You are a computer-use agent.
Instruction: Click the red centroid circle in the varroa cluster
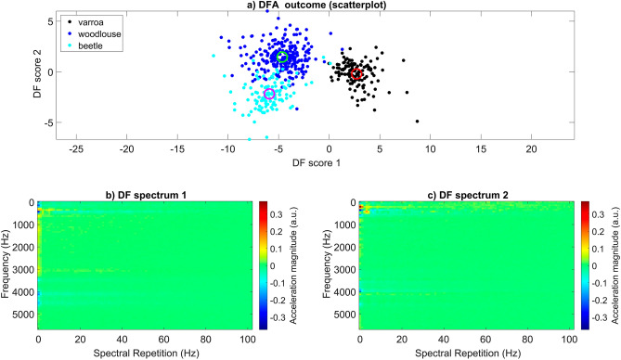pyautogui.click(x=356, y=73)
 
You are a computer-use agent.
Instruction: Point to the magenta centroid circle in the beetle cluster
pyautogui.click(x=270, y=94)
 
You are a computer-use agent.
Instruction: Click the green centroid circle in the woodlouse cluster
pyautogui.click(x=283, y=58)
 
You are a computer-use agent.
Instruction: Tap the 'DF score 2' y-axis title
pyautogui.click(x=17, y=76)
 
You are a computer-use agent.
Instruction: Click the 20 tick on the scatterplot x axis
pyautogui.click(x=531, y=148)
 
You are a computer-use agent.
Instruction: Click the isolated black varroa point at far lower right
pyautogui.click(x=417, y=122)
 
